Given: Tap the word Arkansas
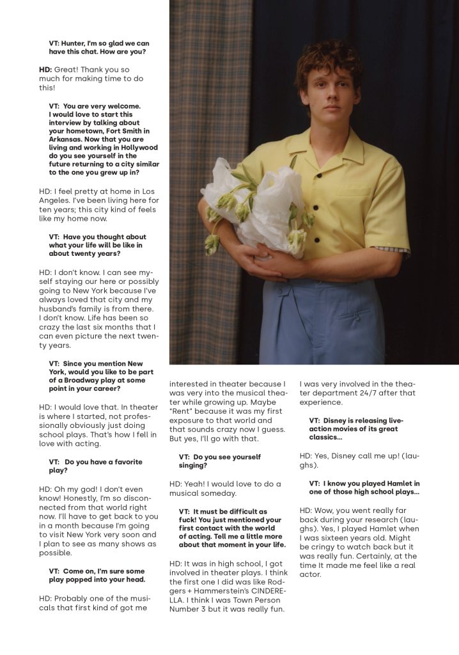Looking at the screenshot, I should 68,139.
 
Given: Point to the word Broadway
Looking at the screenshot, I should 87,381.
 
